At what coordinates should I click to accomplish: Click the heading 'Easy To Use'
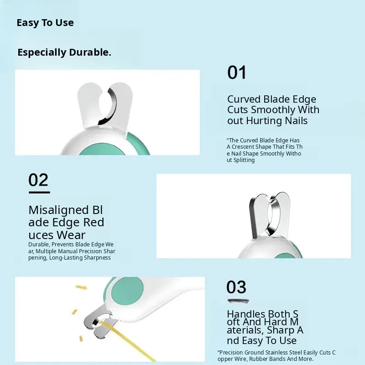pos(45,23)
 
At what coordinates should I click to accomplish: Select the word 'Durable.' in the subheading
pos(90,52)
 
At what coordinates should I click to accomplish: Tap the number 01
pos(236,73)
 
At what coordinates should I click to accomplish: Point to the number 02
pos(38,179)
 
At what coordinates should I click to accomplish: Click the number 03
pos(236,287)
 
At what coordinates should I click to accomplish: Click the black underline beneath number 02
pos(39,192)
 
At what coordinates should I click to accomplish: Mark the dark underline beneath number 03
pos(238,301)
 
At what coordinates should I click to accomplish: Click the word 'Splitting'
pos(244,161)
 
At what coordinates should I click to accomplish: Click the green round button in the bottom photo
pos(127,291)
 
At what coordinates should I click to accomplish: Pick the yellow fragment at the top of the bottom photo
pos(81,287)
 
